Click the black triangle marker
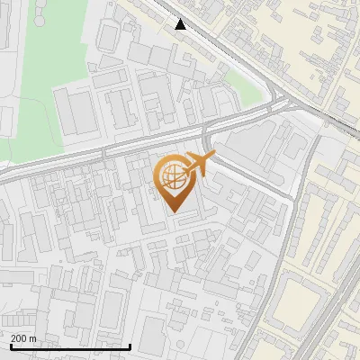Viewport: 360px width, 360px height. pos(181,24)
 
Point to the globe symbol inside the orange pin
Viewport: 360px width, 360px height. pos(170,175)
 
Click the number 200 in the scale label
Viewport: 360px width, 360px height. pos(19,337)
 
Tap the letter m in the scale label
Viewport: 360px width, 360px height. pos(33,337)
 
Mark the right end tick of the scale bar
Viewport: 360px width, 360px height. pos(130,345)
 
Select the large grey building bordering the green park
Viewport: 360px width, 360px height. pos(77,110)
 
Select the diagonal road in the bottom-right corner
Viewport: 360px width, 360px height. pos(328,328)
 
